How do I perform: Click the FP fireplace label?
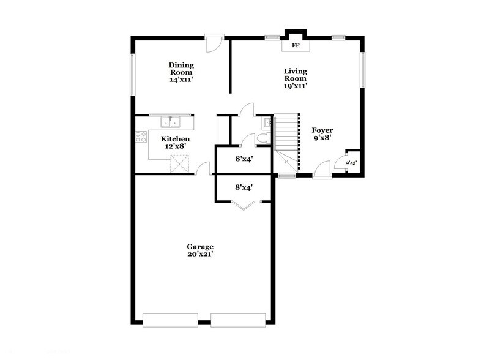coord(295,45)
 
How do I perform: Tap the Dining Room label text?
coord(182,68)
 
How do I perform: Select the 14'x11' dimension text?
coord(182,80)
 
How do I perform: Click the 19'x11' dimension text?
coord(295,86)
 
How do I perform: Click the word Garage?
coord(200,247)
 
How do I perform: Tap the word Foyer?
coord(322,130)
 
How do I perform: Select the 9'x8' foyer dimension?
coord(322,139)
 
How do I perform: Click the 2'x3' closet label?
coord(352,163)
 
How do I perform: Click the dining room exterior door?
coord(214,42)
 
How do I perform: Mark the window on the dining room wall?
coord(132,75)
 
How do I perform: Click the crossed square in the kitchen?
coord(179,163)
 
